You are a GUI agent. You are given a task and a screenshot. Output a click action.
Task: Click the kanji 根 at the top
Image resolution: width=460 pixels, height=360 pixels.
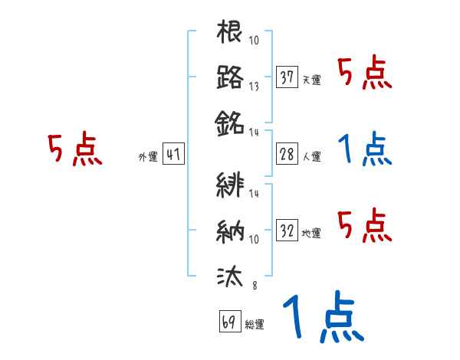click(x=230, y=33)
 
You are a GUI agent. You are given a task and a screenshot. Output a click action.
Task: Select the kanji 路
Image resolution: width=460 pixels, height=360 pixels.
click(x=230, y=77)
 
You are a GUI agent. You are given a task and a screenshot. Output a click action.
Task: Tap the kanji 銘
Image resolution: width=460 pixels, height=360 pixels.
click(x=230, y=123)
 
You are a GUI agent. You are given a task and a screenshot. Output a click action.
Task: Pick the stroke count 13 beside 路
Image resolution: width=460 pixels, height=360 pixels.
click(x=254, y=86)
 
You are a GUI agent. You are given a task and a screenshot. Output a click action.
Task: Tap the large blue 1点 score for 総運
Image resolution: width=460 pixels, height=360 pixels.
click(x=322, y=318)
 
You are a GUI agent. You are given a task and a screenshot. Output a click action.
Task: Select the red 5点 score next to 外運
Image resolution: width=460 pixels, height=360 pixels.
click(x=75, y=150)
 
